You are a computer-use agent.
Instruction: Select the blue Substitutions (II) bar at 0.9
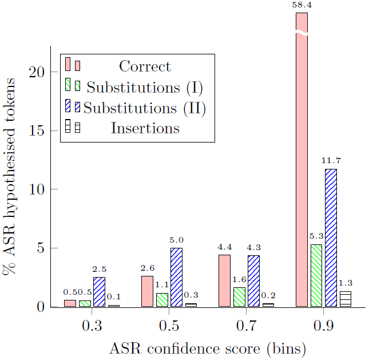[331, 238]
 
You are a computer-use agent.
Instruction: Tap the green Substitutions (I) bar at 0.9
[316, 275]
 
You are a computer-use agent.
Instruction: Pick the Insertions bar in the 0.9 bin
[345, 299]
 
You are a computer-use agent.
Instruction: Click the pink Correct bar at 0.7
[224, 280]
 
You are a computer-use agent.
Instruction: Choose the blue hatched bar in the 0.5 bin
[176, 277]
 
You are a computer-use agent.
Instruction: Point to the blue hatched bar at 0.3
[99, 292]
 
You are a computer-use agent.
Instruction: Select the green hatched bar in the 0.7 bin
[239, 297]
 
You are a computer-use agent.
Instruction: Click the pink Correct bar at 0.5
[147, 291]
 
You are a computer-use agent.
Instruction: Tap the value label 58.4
[301, 5]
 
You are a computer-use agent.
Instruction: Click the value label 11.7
[331, 161]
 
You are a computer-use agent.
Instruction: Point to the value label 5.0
[176, 240]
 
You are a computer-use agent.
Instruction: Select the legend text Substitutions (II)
[145, 108]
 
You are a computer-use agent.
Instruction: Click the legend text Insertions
[145, 128]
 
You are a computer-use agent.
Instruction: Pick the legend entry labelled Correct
[145, 66]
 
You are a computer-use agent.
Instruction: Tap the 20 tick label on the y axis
[37, 72]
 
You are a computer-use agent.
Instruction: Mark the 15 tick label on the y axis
[37, 131]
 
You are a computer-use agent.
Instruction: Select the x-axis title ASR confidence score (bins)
[208, 348]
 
